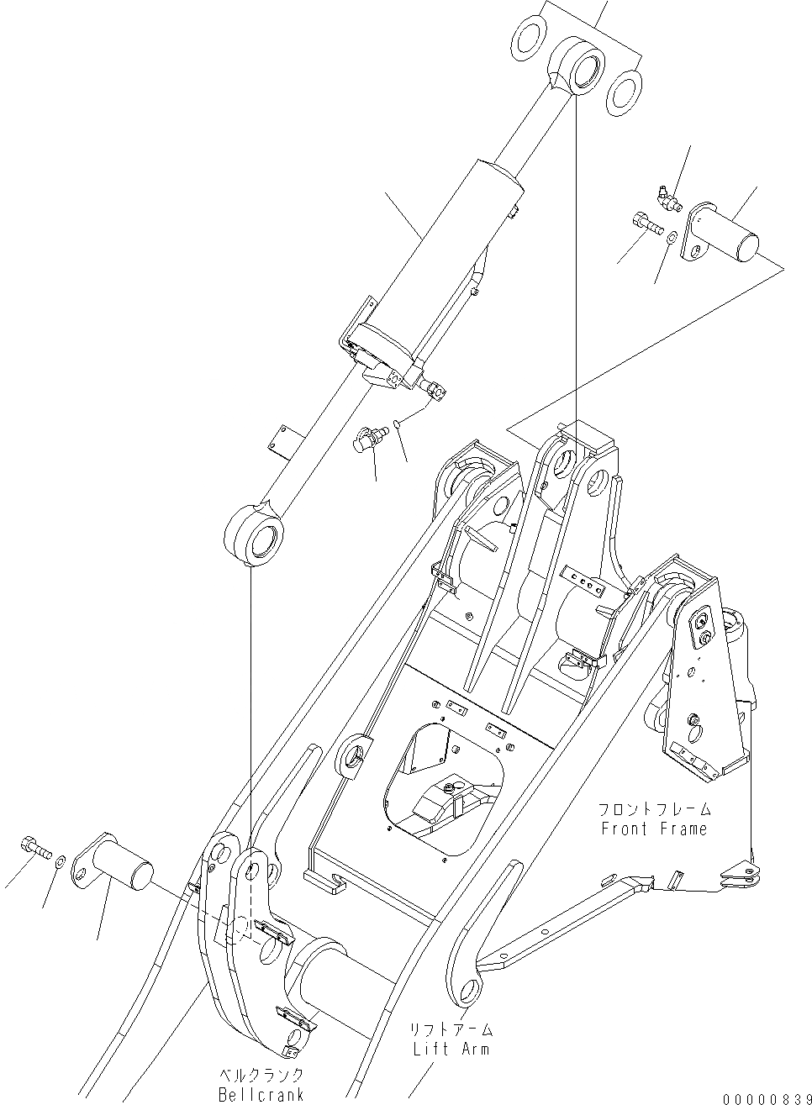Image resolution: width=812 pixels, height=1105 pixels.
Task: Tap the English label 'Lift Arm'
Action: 451,1049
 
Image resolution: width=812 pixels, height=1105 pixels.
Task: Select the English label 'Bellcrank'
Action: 261,1095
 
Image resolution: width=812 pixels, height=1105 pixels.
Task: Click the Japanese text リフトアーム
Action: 451,1029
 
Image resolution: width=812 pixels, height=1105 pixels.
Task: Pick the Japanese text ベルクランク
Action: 261,1076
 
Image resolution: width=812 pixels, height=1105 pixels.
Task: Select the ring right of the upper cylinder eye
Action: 624,87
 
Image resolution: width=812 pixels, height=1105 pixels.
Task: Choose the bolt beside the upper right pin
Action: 644,224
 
